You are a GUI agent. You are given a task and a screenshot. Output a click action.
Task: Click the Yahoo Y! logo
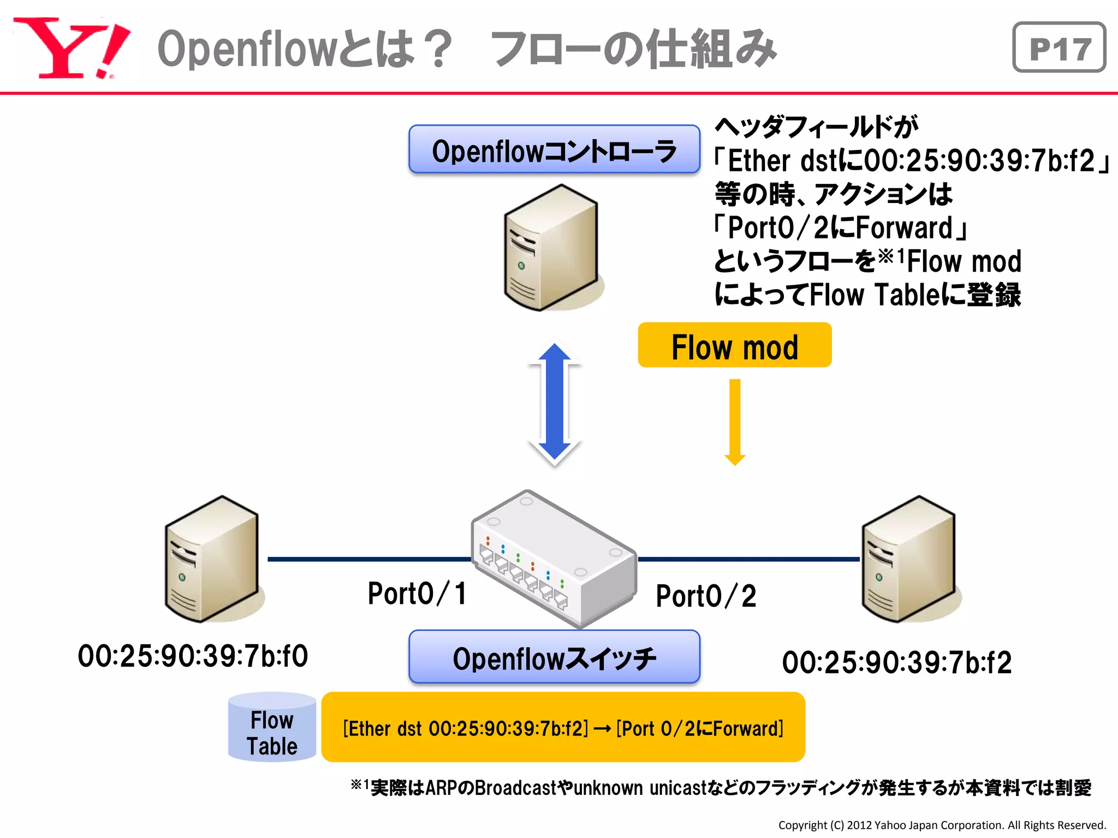(x=71, y=48)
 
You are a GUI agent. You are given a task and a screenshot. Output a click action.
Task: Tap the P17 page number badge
(x=1058, y=47)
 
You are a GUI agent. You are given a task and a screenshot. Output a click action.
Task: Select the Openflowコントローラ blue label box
(x=554, y=149)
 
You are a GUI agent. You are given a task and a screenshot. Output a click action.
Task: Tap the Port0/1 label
(x=417, y=594)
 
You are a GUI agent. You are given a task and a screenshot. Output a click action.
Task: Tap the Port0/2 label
(x=705, y=596)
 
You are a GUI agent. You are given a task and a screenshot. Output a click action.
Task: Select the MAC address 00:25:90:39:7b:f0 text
(x=193, y=656)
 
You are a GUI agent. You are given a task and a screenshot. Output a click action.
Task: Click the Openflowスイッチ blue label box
(x=554, y=657)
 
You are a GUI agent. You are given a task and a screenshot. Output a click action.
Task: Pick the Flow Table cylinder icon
(x=272, y=727)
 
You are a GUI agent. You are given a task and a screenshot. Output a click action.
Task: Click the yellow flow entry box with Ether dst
(x=563, y=727)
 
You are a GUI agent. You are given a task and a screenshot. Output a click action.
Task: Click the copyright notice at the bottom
(x=942, y=825)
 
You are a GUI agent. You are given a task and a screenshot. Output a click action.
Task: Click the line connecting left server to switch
(x=368, y=559)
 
